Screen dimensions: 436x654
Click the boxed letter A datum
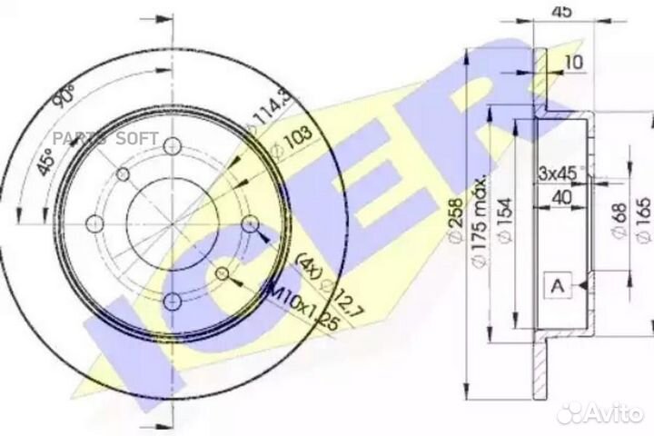click(x=558, y=285)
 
